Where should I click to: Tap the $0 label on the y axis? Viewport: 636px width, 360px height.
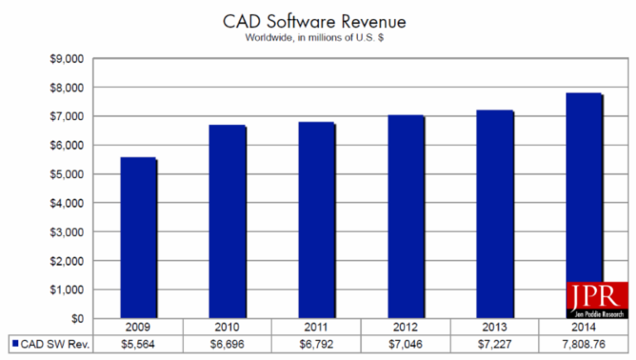(77, 318)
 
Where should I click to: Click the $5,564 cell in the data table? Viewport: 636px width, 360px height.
(139, 342)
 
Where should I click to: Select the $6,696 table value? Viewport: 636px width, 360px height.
(228, 342)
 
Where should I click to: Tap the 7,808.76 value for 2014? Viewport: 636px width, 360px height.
(582, 342)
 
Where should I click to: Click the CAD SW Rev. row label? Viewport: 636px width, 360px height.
(55, 342)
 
